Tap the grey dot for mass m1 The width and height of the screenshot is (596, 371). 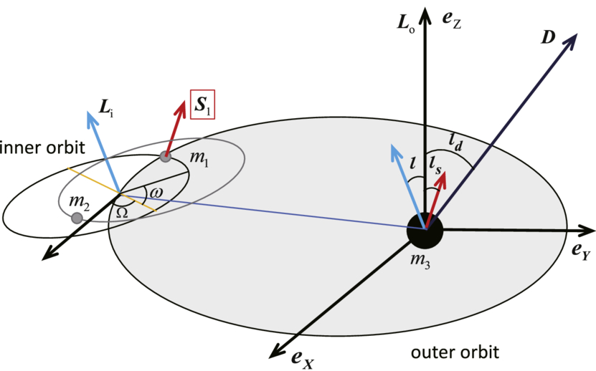pos(165,156)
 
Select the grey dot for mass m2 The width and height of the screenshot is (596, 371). pos(77,218)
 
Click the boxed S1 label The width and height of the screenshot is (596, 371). pos(202,105)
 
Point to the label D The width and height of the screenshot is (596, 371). pos(548,37)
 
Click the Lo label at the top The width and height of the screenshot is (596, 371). pos(405,23)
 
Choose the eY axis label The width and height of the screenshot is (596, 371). pos(581,251)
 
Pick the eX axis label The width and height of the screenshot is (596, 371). pos(303,359)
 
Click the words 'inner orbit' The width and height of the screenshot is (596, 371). pos(42,148)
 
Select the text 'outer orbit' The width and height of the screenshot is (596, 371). pos(455,352)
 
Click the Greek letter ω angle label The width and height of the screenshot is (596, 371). pos(156,193)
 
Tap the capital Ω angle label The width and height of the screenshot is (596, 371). pos(122,213)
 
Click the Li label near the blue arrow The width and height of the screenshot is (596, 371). pos(106,108)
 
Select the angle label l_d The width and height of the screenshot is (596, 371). pos(455,143)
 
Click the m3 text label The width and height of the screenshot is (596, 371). pos(420,261)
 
